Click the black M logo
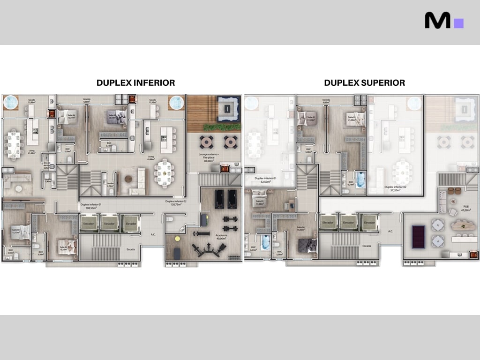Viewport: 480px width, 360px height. tap(437, 20)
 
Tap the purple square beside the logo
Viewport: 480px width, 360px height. tap(459, 23)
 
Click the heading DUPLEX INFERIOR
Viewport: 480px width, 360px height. tap(135, 83)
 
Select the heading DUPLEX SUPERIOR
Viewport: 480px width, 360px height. tap(364, 83)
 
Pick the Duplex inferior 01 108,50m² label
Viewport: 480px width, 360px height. tap(91, 207)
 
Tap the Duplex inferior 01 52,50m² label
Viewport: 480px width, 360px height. tap(265, 180)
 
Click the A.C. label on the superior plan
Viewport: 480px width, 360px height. tap(390, 231)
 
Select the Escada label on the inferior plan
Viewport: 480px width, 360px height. tap(131, 249)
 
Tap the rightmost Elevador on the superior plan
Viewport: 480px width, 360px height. tap(369, 223)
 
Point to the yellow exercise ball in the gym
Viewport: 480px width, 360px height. tap(178, 238)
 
